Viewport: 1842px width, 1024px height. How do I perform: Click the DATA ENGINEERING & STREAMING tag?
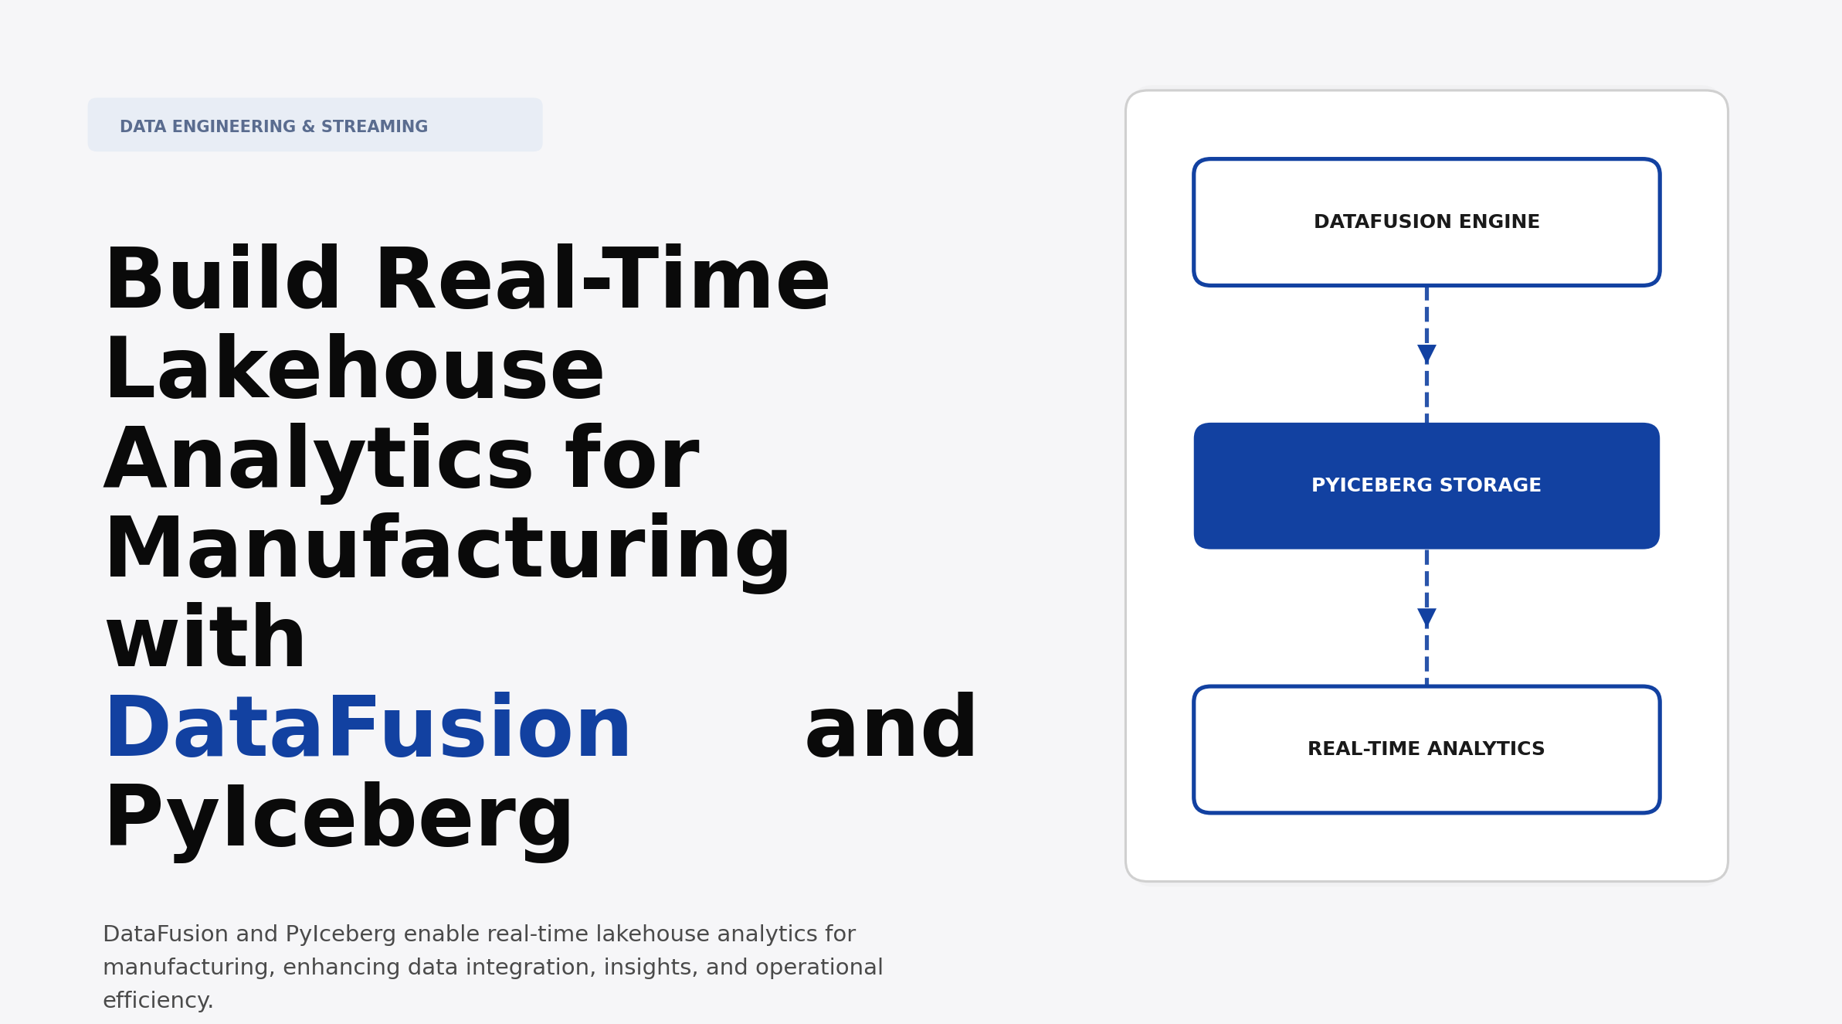tap(314, 125)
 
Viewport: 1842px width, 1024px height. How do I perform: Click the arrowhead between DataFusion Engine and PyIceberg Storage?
tap(1426, 354)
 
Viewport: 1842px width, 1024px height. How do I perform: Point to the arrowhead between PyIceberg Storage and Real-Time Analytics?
tap(1426, 617)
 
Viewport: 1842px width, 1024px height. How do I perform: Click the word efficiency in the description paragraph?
tap(157, 1001)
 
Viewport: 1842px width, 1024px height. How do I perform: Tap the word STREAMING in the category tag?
tap(374, 127)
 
